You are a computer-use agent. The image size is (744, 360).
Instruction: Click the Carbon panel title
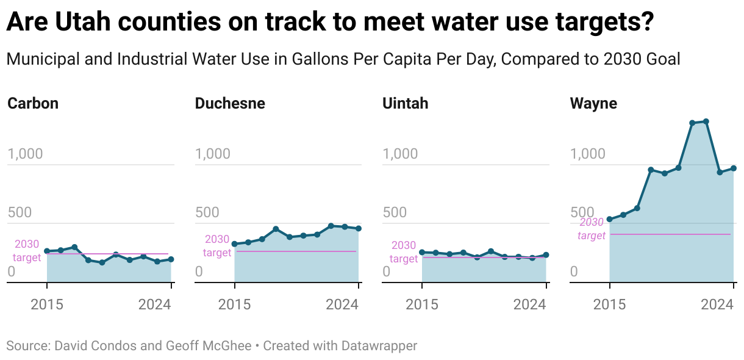point(33,104)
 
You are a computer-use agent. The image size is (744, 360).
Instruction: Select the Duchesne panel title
point(230,104)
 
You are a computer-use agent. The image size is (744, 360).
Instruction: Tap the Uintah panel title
point(405,104)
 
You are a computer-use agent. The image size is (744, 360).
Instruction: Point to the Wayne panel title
point(593,104)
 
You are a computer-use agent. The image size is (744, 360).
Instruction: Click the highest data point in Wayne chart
point(706,121)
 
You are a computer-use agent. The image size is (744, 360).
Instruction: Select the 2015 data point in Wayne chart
point(610,219)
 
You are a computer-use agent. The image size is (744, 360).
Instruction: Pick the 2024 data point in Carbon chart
point(171,259)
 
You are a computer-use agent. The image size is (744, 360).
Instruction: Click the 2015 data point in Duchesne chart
point(235,244)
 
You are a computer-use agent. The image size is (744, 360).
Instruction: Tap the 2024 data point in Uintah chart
point(546,255)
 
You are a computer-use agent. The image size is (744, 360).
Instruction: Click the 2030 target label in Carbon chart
point(27,251)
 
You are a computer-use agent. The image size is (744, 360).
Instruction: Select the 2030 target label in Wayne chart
point(591,229)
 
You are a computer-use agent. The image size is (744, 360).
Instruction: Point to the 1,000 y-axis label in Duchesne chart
point(213,154)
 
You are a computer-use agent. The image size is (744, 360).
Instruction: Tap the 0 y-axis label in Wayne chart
point(573,272)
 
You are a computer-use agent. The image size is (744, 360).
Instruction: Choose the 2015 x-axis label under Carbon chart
point(47,304)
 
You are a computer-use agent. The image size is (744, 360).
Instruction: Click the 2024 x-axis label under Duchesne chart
point(343,304)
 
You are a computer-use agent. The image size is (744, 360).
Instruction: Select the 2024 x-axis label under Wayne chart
point(718,304)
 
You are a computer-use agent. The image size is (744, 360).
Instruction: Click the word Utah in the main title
point(82,23)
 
